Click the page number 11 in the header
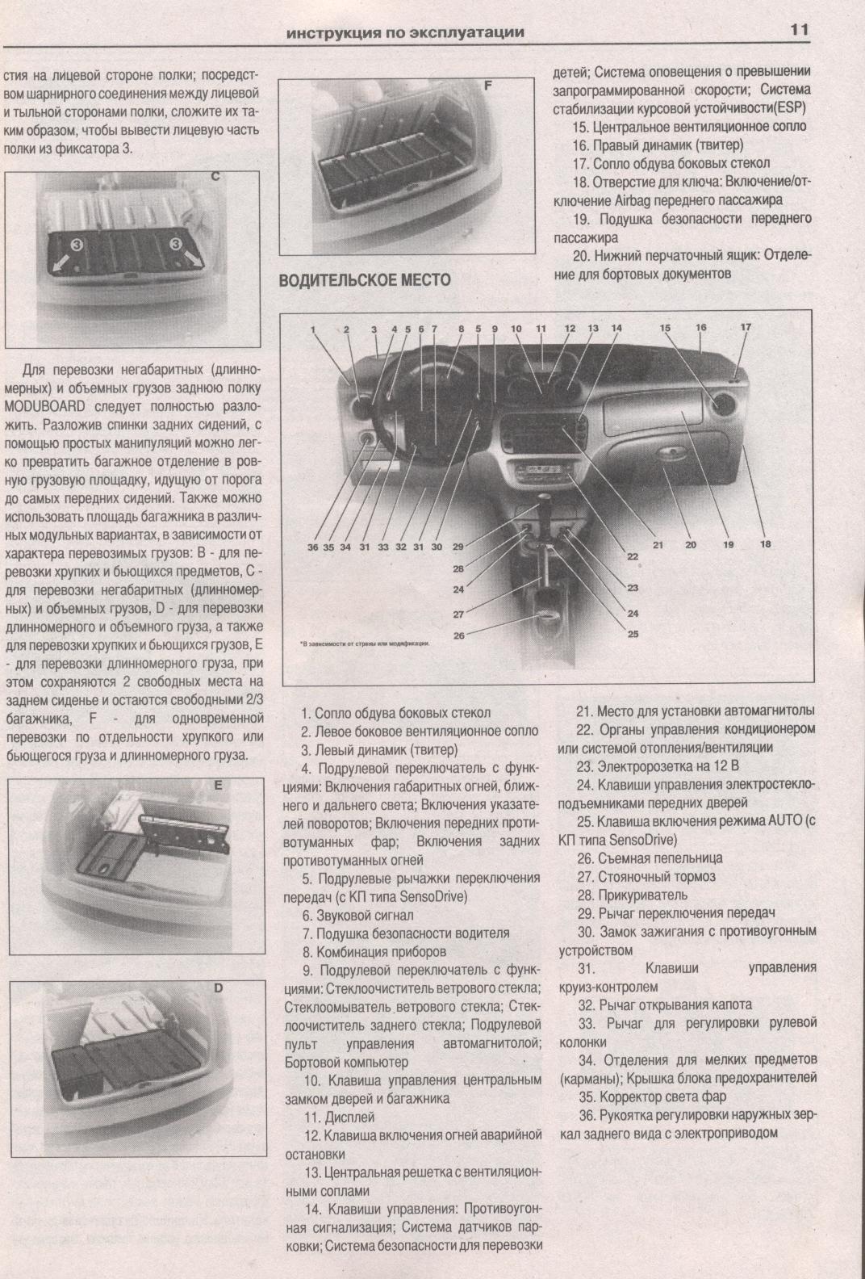coord(800,30)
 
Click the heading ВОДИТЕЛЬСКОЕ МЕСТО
coord(365,279)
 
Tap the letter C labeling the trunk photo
coord(215,177)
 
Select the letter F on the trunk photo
coord(488,86)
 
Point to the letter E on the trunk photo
coord(218,786)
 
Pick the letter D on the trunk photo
coord(218,988)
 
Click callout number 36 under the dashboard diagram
coord(313,547)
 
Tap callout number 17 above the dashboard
coord(746,327)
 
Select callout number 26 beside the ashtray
coord(459,635)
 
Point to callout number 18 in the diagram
coord(765,544)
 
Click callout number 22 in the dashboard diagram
coord(632,556)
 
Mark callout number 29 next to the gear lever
coord(458,547)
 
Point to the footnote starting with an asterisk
coord(365,644)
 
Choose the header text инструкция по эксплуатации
coord(405,32)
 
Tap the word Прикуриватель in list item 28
coord(643,895)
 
